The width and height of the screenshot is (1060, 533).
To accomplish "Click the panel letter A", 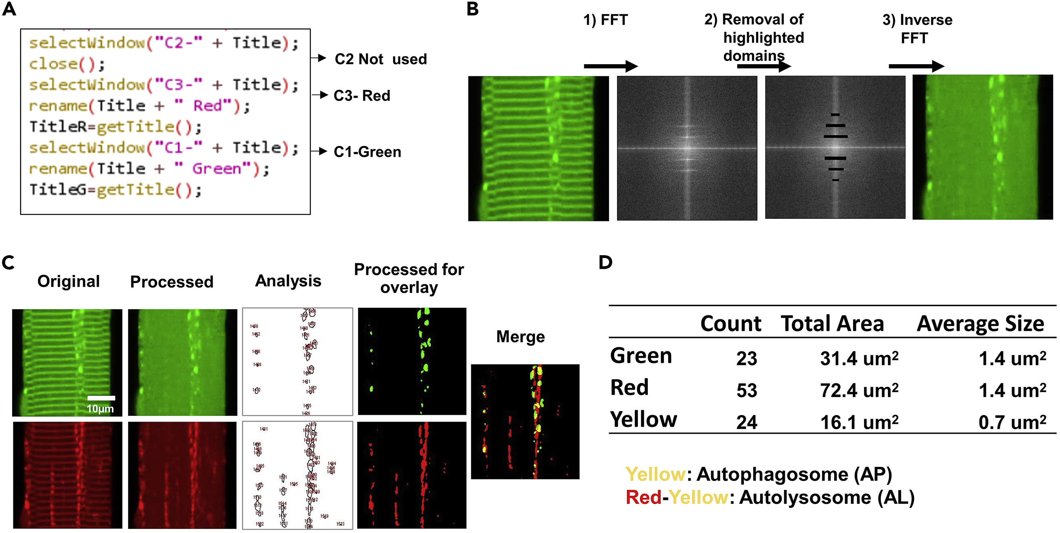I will [9, 9].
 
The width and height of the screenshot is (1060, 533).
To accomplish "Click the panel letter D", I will [605, 262].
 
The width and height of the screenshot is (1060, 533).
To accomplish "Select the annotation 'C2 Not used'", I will [381, 59].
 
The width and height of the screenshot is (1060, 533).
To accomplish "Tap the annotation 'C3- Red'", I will [362, 96].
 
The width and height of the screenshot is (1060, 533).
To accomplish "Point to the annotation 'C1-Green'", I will [367, 152].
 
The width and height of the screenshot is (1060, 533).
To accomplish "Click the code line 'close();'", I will [67, 64].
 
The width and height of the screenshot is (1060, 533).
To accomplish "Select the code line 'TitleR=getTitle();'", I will [115, 127].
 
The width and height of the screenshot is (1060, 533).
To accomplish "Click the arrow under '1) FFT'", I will [610, 66].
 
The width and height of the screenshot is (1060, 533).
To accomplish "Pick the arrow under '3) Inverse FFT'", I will [916, 66].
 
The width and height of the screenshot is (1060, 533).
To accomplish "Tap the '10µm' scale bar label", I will [100, 409].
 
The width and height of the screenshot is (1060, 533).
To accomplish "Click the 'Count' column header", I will [730, 324].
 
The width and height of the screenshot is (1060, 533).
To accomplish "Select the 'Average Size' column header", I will [980, 324].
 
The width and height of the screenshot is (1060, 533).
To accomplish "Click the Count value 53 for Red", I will [746, 390].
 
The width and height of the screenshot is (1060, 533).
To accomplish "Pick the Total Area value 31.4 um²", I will [859, 359].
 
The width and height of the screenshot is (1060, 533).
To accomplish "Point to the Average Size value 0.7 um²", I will [1012, 422].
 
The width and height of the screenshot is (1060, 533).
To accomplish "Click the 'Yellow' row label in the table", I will [643, 420].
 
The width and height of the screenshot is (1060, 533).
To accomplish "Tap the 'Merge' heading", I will [520, 337].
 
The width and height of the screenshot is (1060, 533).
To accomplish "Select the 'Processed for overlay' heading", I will [409, 279].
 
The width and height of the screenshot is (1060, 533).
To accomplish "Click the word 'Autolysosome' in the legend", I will [805, 497].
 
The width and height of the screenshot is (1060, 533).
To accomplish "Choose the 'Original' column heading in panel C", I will [69, 281].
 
